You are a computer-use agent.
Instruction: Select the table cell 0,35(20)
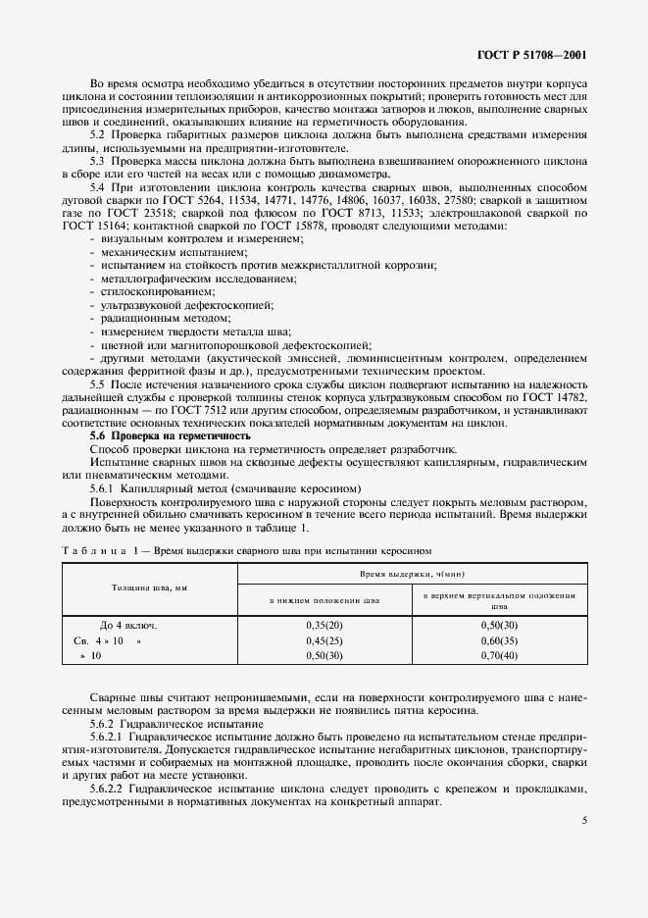coord(324,625)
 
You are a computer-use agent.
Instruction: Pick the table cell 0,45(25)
coord(324,639)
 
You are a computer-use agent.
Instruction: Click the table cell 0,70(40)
coord(499,654)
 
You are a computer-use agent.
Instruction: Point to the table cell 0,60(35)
coord(499,639)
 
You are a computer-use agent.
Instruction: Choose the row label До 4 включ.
coord(128,625)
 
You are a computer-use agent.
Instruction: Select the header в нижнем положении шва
coord(324,598)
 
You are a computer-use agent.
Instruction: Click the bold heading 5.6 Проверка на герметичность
coord(171,434)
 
